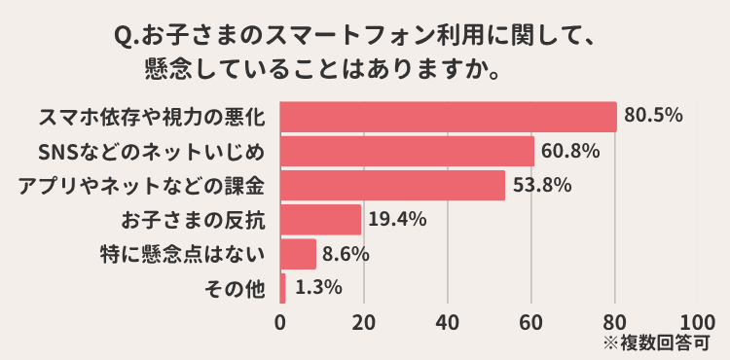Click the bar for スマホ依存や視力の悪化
pyautogui.click(x=448, y=117)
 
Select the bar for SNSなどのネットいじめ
pyautogui.click(x=407, y=151)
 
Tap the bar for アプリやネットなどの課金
pyautogui.click(x=392, y=185)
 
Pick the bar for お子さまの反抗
pyautogui.click(x=320, y=219)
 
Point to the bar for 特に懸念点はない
pyautogui.click(x=298, y=254)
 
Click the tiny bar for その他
pyautogui.click(x=283, y=288)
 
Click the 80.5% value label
pyautogui.click(x=653, y=116)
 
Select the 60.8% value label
pyautogui.click(x=570, y=151)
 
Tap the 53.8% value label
pyautogui.click(x=541, y=185)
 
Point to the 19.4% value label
pyautogui.click(x=397, y=219)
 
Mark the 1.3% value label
pyautogui.click(x=316, y=287)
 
